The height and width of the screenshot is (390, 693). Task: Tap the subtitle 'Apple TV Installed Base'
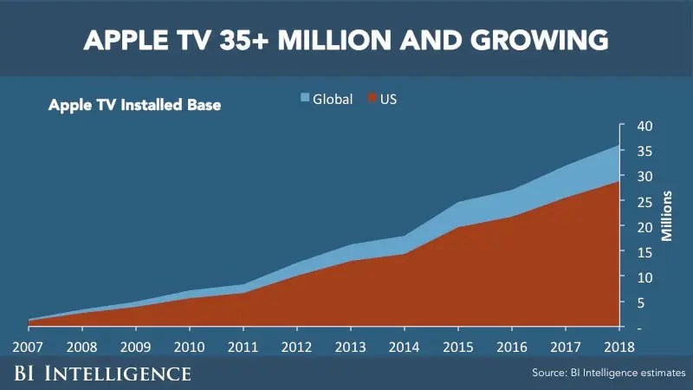click(134, 106)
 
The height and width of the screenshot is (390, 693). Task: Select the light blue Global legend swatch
click(304, 98)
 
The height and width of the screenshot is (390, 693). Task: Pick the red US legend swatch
click(373, 98)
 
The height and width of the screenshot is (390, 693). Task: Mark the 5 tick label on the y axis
click(642, 302)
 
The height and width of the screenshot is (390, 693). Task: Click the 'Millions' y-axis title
click(667, 216)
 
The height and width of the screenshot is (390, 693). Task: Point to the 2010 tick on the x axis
click(189, 346)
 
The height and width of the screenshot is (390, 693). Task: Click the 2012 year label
click(296, 346)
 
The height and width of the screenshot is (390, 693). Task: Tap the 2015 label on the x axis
click(457, 346)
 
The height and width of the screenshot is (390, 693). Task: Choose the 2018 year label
click(618, 346)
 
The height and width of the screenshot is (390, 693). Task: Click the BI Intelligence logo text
click(101, 374)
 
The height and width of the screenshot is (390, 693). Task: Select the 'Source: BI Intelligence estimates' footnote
click(609, 373)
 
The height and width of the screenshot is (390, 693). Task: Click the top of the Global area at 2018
click(619, 146)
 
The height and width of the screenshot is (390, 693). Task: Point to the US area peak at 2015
click(457, 227)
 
